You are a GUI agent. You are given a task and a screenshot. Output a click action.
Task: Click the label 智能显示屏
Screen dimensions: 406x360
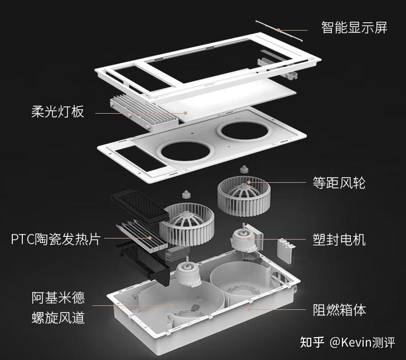click(x=354, y=27)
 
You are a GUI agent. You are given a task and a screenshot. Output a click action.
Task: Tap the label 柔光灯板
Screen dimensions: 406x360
click(x=57, y=111)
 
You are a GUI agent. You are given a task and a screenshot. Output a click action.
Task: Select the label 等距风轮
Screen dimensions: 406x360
click(x=339, y=182)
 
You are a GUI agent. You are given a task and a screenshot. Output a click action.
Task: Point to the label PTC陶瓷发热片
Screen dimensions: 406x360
click(x=56, y=239)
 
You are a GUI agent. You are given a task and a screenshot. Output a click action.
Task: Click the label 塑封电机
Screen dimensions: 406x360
click(x=339, y=240)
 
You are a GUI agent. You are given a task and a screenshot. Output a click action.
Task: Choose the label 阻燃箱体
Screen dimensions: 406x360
click(x=339, y=310)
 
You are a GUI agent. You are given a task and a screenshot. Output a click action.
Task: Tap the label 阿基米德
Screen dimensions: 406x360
click(x=58, y=297)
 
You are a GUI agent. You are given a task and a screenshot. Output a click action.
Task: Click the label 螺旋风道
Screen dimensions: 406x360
click(x=58, y=318)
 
